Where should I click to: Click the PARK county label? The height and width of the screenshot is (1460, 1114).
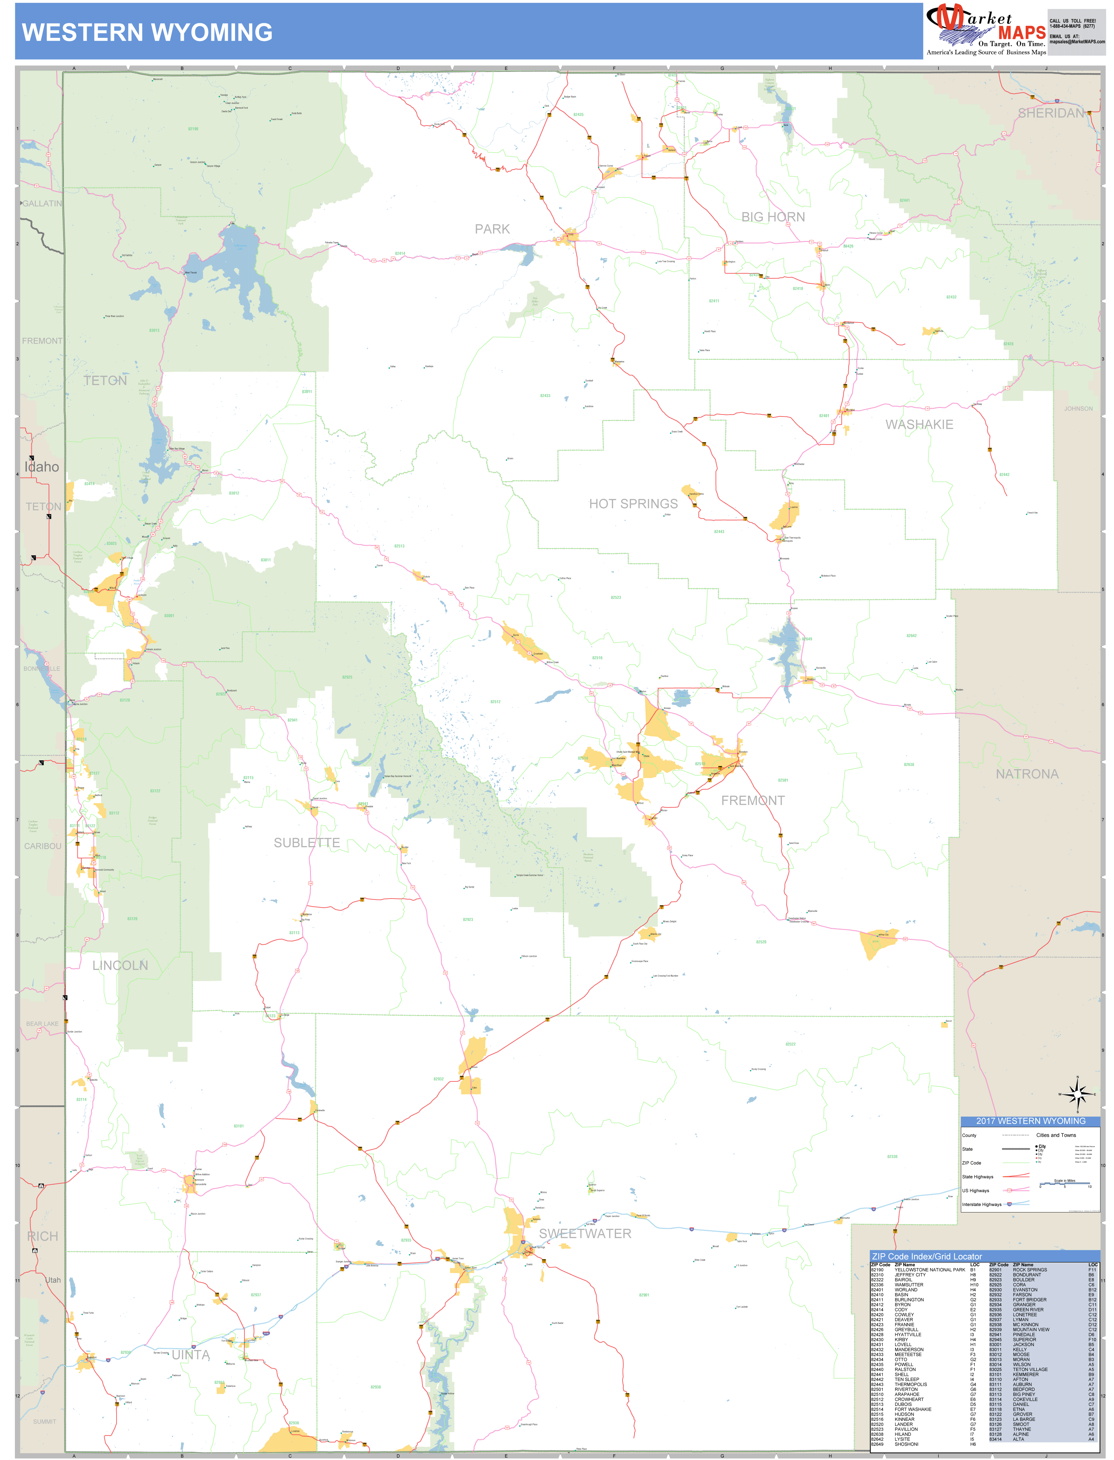coord(492,229)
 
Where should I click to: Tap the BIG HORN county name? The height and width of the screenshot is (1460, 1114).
coord(773,217)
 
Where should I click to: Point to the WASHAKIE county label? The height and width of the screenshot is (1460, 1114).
coord(919,425)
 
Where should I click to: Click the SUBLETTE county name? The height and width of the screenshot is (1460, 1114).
coord(307,843)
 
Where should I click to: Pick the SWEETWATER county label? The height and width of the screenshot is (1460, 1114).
coord(585,1234)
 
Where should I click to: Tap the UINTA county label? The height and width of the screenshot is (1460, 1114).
coord(191,1355)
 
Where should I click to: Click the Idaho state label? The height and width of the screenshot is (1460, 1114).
coord(42,467)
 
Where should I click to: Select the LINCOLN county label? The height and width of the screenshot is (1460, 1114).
coord(120,966)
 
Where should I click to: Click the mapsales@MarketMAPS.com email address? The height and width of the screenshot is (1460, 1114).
coord(1077,42)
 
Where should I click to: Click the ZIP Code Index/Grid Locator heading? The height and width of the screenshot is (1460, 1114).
coord(926,1256)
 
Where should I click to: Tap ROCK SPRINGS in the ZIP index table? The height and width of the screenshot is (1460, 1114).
coord(1030,1270)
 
